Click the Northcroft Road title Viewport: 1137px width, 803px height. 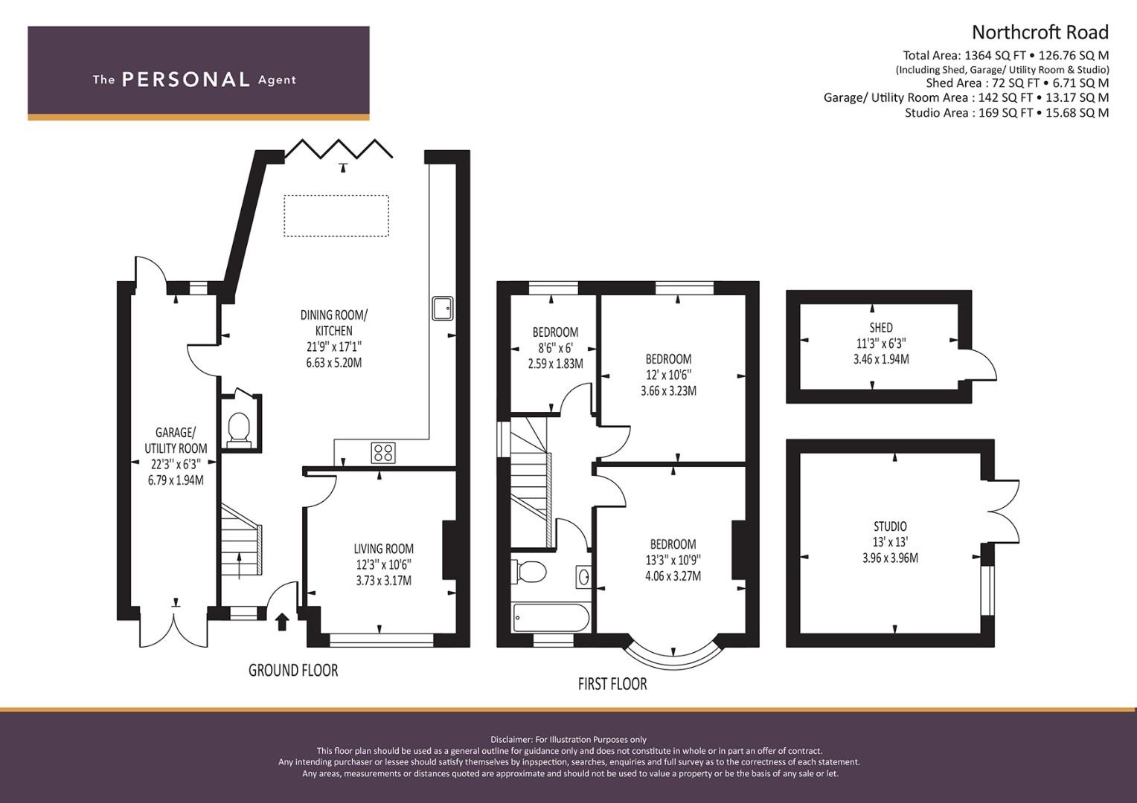click(x=1040, y=33)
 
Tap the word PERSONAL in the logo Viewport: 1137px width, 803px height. click(x=186, y=80)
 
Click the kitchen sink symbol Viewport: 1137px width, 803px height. click(x=443, y=309)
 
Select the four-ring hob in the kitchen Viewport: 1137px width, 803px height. click(x=383, y=453)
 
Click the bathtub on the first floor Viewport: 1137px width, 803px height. click(x=551, y=617)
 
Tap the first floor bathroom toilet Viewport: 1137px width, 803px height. click(x=528, y=572)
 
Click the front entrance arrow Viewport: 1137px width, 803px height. click(x=282, y=622)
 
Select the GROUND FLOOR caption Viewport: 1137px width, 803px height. click(x=293, y=671)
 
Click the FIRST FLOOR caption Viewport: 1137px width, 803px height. click(x=612, y=684)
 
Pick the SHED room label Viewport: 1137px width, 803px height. click(x=881, y=328)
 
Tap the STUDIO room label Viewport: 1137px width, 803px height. click(x=890, y=526)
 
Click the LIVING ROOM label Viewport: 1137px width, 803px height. click(x=384, y=549)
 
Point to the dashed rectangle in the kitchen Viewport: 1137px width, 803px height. click(x=336, y=216)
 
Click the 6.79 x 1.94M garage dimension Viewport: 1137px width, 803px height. click(x=176, y=480)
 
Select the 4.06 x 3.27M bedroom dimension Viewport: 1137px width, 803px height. click(x=673, y=575)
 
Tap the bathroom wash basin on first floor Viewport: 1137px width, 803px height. click(x=584, y=577)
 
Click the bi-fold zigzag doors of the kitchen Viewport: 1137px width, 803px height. click(x=339, y=149)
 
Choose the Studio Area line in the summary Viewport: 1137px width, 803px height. click(x=1007, y=112)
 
